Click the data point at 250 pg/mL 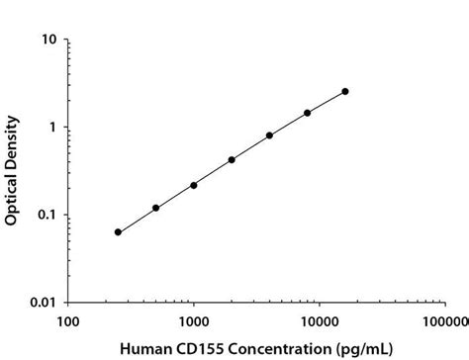click(x=118, y=232)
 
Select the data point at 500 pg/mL click(x=156, y=208)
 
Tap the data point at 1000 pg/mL click(x=194, y=185)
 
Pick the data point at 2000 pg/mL click(x=232, y=159)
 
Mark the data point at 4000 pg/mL click(x=269, y=135)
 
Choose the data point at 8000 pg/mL click(x=308, y=113)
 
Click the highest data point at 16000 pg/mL click(x=345, y=91)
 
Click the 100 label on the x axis click(x=68, y=321)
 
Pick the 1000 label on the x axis click(x=194, y=321)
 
